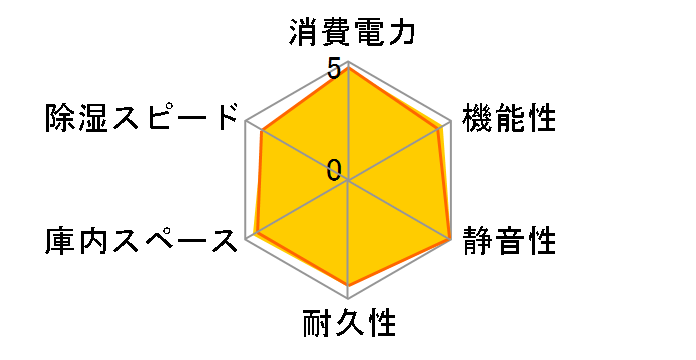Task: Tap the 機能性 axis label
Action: pos(508,118)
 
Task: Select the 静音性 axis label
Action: pos(508,241)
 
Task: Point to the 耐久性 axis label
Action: pos(349,324)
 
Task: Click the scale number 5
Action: pos(334,69)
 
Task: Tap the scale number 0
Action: pos(334,169)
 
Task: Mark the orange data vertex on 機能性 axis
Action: pos(440,128)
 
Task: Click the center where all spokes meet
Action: pos(349,181)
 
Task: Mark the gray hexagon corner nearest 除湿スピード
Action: pos(247,122)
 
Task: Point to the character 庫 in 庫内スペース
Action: pos(63,241)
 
